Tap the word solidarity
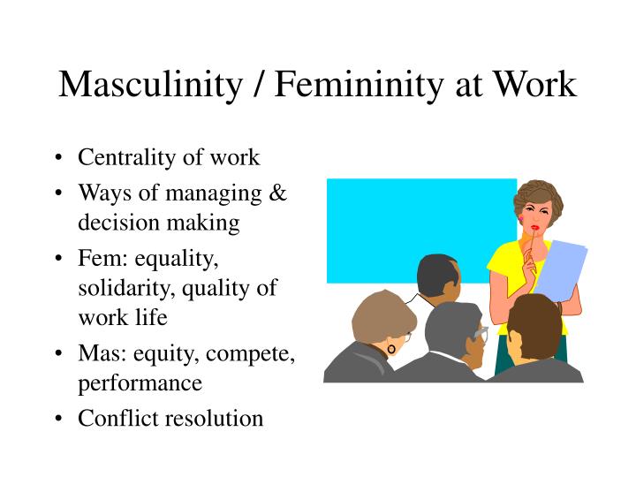[122, 288]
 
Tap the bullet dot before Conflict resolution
[58, 418]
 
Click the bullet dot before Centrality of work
[58, 158]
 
